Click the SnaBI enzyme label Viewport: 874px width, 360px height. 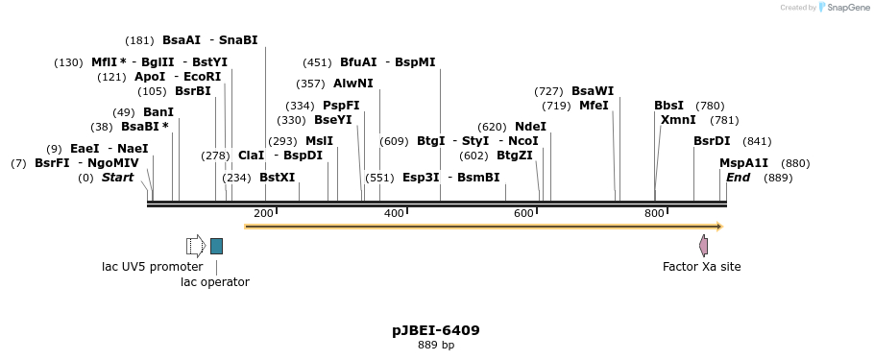238,40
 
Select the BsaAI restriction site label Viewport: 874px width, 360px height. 182,40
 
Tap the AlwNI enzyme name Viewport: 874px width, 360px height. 353,84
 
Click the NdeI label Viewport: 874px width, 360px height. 530,127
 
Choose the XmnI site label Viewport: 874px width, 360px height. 679,120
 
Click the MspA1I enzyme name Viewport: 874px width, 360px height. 744,163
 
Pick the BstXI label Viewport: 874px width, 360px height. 278,178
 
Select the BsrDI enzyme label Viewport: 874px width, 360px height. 712,141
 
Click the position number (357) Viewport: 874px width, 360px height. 310,84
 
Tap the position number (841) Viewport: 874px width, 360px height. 758,141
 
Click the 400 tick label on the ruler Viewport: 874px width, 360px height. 394,213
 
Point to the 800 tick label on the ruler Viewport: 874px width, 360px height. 654,213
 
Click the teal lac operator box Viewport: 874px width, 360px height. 216,246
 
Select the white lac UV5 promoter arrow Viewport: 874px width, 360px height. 196,246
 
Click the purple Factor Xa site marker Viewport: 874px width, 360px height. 703,246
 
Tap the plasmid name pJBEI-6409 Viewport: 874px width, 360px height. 436,330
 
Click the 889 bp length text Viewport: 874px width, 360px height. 436,346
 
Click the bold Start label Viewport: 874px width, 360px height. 118,178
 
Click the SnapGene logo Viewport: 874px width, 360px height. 842,8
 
